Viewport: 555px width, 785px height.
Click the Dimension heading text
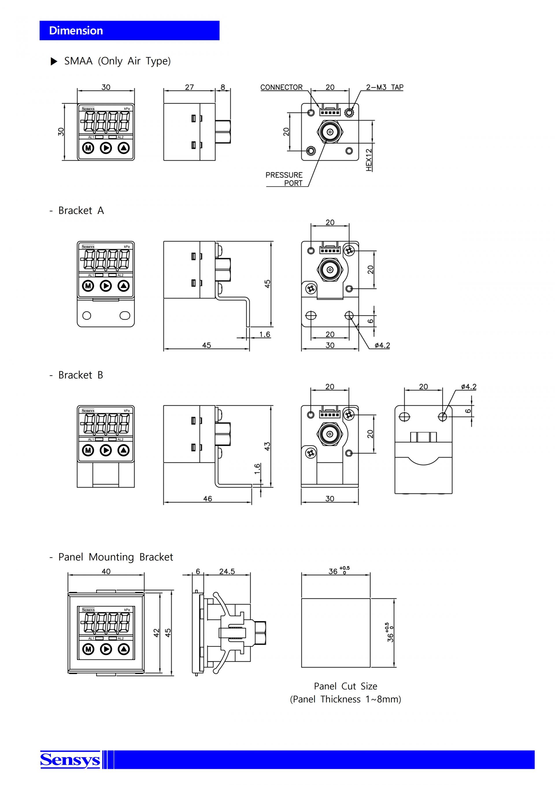click(x=76, y=31)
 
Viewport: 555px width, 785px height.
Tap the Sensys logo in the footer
click(x=70, y=760)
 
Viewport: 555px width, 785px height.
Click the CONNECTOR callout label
click(x=281, y=87)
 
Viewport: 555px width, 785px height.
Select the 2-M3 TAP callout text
click(x=384, y=87)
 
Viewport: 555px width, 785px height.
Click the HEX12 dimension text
click(x=369, y=160)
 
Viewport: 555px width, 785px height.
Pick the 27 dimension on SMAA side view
click(x=189, y=87)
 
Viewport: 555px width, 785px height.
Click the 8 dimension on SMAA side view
click(x=223, y=87)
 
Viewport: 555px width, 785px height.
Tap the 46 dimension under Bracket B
click(x=208, y=498)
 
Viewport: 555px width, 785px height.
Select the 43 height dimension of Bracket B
click(x=267, y=446)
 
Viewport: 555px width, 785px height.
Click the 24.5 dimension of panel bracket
click(x=227, y=571)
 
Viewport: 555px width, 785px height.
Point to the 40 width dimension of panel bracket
click(x=106, y=571)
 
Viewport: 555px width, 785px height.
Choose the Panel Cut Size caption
click(x=345, y=686)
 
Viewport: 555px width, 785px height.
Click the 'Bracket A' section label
click(x=81, y=210)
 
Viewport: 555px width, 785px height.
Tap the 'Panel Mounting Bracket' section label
click(x=116, y=557)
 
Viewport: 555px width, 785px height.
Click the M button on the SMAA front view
click(x=88, y=148)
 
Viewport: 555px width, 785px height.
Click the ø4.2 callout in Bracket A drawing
click(x=382, y=345)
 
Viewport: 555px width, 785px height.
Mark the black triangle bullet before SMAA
click(x=54, y=61)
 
